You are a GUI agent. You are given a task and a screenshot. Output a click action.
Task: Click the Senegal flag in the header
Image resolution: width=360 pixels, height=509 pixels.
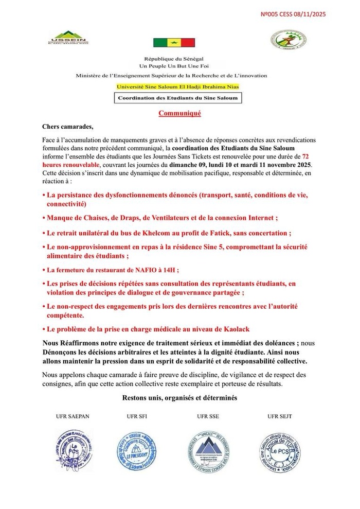(x=174, y=43)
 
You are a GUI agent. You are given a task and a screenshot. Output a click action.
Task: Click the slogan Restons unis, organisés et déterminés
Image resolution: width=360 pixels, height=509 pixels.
(x=179, y=398)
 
